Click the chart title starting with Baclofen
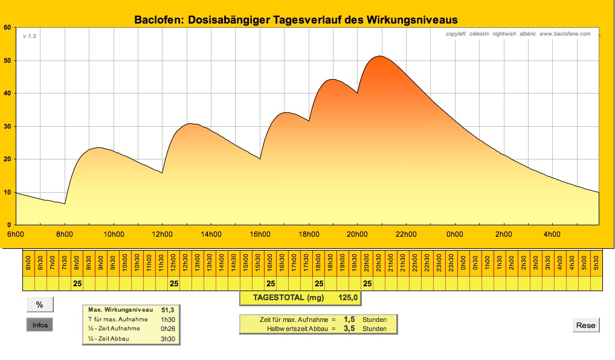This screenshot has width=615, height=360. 295,21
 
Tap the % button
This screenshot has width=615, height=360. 40,304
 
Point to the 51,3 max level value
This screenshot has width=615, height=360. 167,309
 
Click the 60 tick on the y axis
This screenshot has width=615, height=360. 7,28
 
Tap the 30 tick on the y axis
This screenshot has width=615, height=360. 7,126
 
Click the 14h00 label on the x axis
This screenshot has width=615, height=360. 210,234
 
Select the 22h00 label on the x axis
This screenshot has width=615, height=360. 405,234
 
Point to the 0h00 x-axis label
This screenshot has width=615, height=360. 454,234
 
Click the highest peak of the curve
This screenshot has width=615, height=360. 379,56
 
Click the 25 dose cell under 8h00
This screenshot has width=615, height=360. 77,283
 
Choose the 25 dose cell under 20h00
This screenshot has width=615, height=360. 367,283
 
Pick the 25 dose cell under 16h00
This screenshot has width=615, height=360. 271,283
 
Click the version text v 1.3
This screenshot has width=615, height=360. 30,36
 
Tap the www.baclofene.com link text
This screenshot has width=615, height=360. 565,34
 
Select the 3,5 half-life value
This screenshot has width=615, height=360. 349,329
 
